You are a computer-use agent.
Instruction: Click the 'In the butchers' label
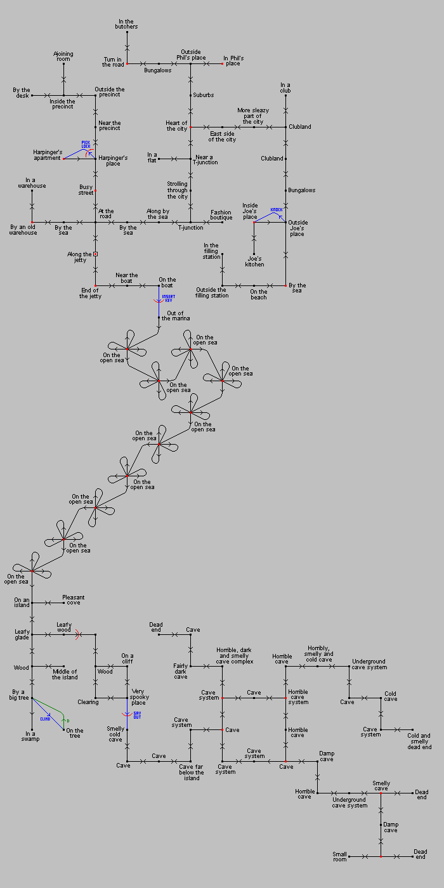click(127, 24)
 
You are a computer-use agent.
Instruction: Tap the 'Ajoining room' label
click(63, 56)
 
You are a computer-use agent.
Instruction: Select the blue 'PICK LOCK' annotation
click(86, 144)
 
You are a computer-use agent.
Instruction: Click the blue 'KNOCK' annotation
click(277, 210)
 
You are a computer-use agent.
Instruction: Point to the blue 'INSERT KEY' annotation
click(168, 298)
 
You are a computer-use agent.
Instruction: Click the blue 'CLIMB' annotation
click(45, 719)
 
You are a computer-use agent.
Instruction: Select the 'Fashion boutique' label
click(221, 215)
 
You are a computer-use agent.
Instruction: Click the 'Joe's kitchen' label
click(254, 261)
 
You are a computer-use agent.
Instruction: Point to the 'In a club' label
click(285, 88)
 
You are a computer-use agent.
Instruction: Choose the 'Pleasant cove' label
click(73, 599)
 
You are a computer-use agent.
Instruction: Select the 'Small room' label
click(340, 856)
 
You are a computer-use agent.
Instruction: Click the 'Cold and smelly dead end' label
click(419, 741)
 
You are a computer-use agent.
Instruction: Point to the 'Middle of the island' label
click(65, 674)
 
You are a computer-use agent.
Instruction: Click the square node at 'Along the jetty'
click(95, 254)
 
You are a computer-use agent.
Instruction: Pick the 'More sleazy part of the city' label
click(253, 115)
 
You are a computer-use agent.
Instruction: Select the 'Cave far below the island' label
click(192, 772)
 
